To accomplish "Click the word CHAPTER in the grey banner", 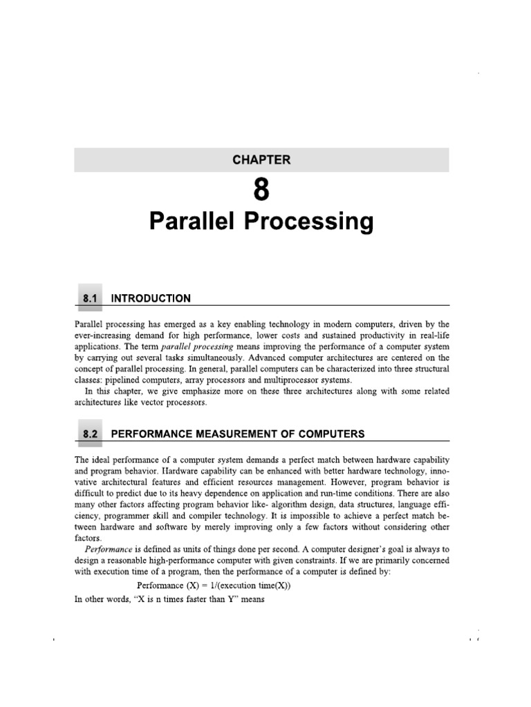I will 262,159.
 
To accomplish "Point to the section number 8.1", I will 91,298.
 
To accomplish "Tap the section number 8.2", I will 91,434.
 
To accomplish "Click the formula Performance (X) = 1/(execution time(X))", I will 214,586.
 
